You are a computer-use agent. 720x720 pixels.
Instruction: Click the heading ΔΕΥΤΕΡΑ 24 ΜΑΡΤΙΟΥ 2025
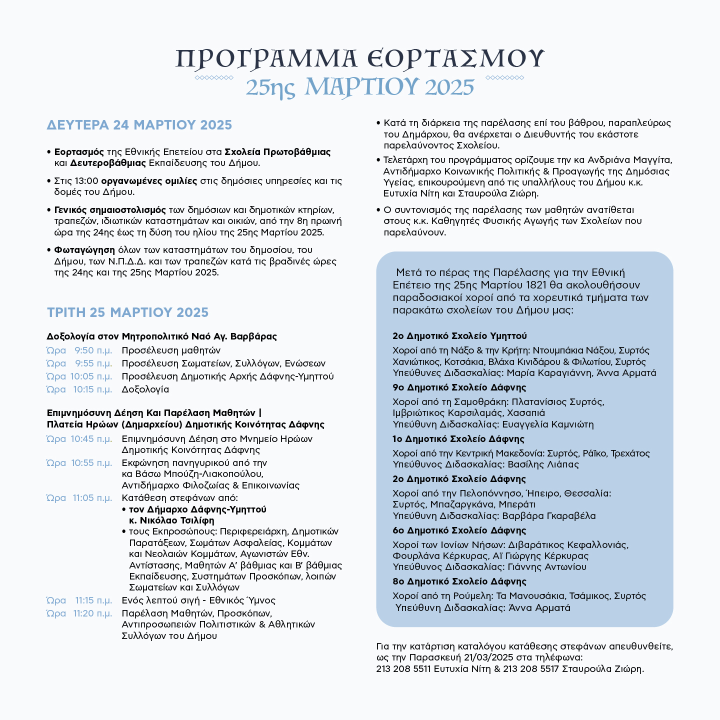[139, 125]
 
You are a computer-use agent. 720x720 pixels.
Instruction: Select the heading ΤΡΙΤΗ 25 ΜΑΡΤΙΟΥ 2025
[127, 312]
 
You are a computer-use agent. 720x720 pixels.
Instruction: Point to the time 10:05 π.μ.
[91, 376]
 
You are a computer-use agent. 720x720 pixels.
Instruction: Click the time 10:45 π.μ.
[91, 439]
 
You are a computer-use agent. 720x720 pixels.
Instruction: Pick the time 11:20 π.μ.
[93, 613]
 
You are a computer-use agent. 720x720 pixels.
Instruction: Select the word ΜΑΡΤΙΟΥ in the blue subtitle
[360, 86]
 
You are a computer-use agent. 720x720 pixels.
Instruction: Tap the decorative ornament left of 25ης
[214, 77]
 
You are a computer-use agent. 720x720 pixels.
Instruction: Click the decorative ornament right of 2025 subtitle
[505, 77]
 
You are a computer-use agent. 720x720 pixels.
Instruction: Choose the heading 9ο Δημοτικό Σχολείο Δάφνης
[459, 387]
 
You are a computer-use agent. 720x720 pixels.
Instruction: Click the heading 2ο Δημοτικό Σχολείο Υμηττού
[459, 336]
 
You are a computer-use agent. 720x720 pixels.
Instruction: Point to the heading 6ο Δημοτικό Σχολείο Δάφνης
[459, 530]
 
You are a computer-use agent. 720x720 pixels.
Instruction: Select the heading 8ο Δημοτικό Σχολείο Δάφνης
[459, 581]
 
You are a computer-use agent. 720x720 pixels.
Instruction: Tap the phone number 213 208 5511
[403, 669]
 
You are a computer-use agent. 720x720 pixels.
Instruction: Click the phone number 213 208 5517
[531, 669]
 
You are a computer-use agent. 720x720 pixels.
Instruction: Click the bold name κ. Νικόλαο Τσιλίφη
[171, 520]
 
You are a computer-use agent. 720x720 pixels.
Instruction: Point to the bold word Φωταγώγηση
[84, 250]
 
